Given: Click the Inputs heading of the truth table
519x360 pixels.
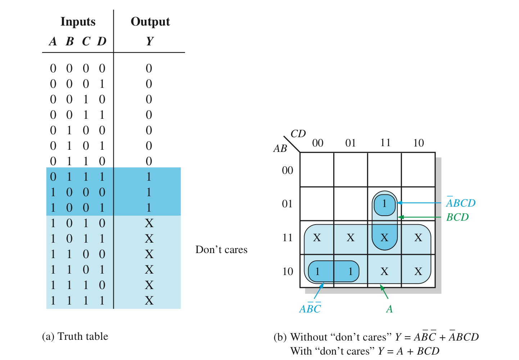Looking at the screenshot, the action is [x=78, y=22].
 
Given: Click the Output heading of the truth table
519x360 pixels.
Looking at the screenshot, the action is [x=150, y=22].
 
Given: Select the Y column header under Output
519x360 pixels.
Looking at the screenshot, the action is [x=150, y=41].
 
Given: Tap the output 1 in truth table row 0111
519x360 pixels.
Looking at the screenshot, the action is [x=149, y=177].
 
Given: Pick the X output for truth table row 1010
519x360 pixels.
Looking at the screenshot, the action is [x=149, y=223].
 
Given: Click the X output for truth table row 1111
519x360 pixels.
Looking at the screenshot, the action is [x=149, y=301].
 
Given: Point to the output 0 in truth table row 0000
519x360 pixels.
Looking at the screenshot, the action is [x=149, y=68].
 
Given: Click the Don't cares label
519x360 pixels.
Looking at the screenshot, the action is [x=221, y=249].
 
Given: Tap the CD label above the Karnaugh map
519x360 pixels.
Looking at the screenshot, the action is [x=298, y=134].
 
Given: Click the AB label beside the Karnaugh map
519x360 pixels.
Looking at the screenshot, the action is [x=280, y=148].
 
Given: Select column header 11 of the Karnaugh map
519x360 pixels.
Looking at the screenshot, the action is [x=385, y=143].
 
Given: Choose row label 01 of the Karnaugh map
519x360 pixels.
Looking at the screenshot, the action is [x=287, y=204].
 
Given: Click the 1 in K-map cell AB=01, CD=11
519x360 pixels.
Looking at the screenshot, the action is [x=384, y=204].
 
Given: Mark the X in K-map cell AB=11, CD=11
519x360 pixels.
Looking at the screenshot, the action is [x=384, y=238].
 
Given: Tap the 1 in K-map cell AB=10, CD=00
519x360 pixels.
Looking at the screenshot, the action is [x=317, y=271].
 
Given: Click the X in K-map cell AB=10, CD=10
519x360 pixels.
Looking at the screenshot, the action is [x=418, y=271].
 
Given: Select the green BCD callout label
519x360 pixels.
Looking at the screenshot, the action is [x=457, y=217].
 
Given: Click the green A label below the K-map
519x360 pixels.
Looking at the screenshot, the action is [x=389, y=309].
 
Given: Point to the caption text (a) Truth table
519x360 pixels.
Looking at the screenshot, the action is [x=75, y=336].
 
